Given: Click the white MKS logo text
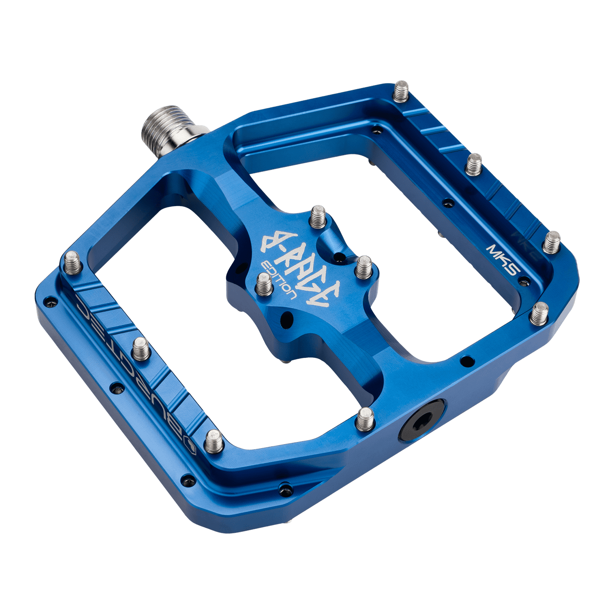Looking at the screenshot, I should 503,259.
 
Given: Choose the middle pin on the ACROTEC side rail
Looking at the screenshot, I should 141,349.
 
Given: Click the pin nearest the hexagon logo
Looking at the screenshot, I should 214,441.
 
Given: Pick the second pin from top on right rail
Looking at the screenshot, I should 474,164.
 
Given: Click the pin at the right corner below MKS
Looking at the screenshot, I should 539,313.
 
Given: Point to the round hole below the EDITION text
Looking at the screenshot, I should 287,318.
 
